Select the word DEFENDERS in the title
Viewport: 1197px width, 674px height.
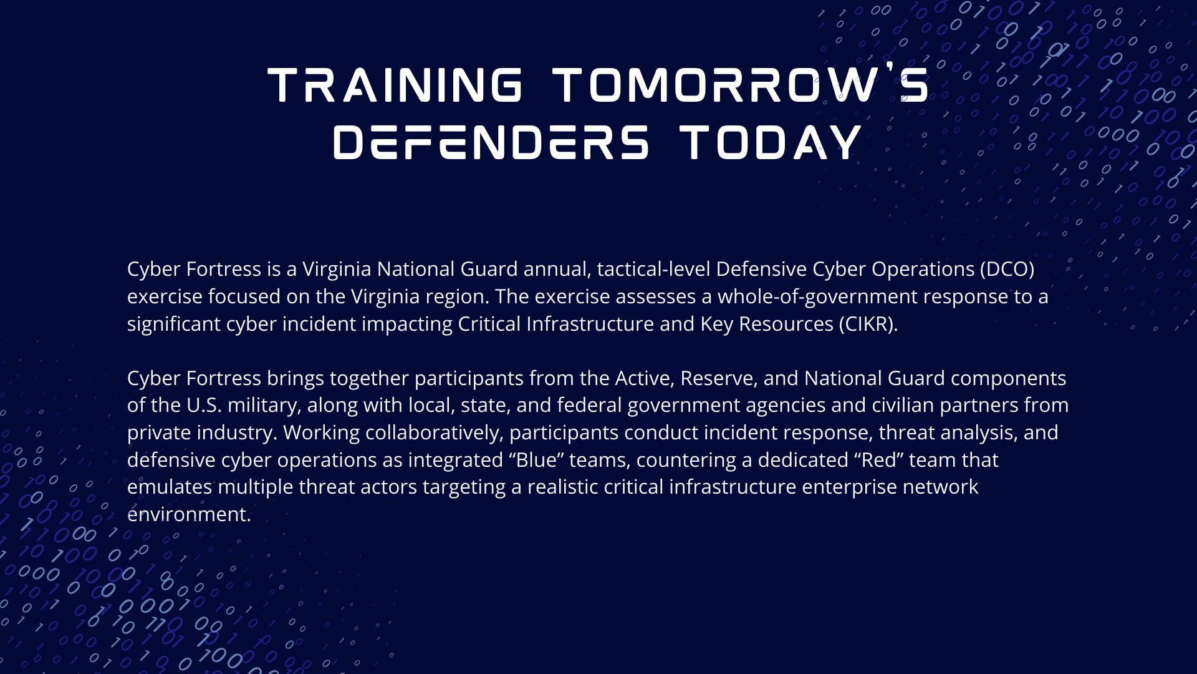click(x=491, y=142)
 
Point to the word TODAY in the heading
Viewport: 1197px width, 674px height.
click(x=771, y=142)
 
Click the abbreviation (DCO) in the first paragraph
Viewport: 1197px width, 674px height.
click(x=1007, y=269)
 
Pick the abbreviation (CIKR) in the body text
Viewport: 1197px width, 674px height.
click(x=868, y=324)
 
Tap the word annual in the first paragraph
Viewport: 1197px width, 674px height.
click(x=557, y=269)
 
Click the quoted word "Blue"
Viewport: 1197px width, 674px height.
click(x=537, y=460)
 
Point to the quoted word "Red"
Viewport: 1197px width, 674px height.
click(x=879, y=460)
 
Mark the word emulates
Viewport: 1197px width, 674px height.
click(x=170, y=487)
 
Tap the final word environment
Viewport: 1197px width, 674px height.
click(x=189, y=515)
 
